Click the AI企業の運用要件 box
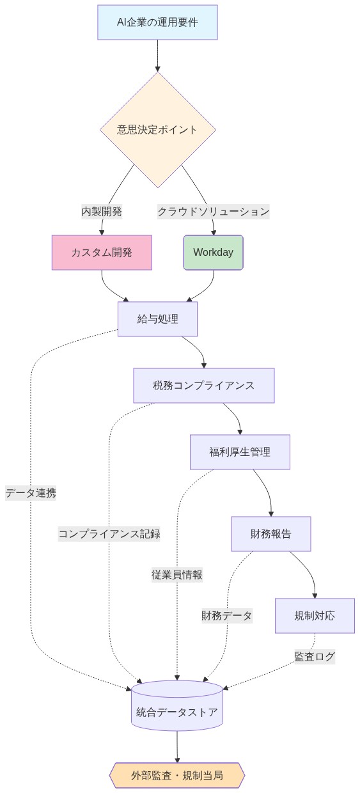[157, 22]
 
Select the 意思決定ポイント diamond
[157, 129]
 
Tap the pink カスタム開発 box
[102, 253]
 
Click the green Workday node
[213, 253]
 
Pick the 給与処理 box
[157, 318]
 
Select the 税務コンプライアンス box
[203, 386]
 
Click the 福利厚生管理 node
[240, 452]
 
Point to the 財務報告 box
[270, 534]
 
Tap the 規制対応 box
[315, 616]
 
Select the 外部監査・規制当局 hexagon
[177, 775]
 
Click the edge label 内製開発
[101, 211]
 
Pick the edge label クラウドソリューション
[214, 211]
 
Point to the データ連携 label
[31, 493]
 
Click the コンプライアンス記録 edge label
[109, 534]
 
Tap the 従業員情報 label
[177, 574]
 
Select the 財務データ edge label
[227, 616]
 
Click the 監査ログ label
[314, 656]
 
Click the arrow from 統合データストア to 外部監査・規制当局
[177, 746]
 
